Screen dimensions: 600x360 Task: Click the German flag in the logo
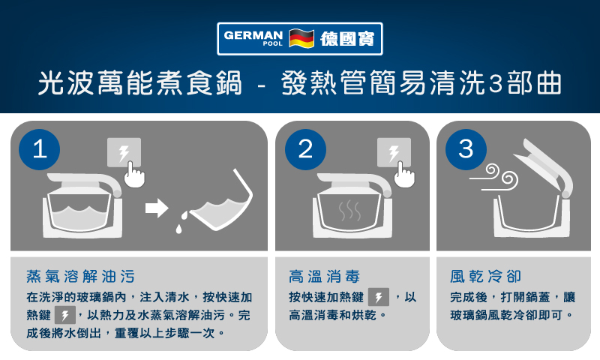(x=301, y=38)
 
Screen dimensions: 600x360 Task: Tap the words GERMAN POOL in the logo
(x=253, y=38)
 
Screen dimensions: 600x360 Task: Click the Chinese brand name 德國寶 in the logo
(x=347, y=39)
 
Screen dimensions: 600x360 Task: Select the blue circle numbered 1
(x=40, y=149)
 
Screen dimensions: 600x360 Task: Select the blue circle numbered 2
(x=305, y=149)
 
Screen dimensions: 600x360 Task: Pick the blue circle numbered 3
(x=466, y=149)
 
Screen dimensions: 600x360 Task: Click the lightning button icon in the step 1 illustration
(x=124, y=152)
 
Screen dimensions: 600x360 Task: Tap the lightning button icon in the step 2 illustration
(x=394, y=152)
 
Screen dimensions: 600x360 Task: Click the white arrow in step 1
(x=157, y=208)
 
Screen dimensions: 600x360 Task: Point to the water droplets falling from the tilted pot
(x=181, y=222)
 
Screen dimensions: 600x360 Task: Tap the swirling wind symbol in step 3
(x=494, y=178)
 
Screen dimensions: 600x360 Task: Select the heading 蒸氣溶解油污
(x=81, y=276)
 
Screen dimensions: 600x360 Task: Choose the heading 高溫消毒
(x=325, y=276)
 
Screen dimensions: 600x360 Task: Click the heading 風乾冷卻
(x=485, y=276)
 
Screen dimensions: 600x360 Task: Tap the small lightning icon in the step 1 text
(x=65, y=315)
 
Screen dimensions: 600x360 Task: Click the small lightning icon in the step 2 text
(x=379, y=297)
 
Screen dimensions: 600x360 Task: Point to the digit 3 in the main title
(x=496, y=84)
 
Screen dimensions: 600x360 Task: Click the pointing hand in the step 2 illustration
(x=403, y=175)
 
